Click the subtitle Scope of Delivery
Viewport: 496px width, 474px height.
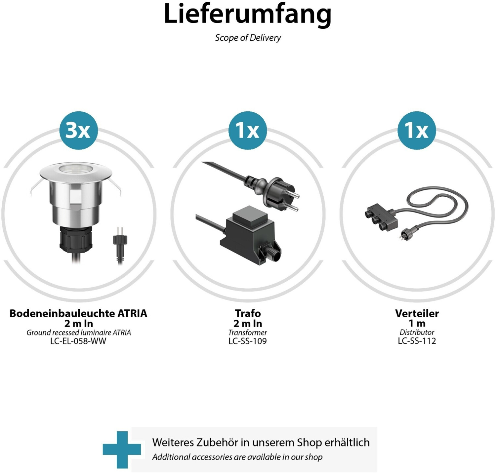point(248,38)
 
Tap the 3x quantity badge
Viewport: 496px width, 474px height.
point(78,130)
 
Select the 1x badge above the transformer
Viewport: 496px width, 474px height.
point(248,130)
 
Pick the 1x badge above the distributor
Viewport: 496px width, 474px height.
point(417,130)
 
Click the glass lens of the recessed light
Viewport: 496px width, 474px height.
point(75,169)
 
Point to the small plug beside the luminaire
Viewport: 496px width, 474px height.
point(120,245)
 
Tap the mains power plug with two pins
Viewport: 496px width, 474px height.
point(272,194)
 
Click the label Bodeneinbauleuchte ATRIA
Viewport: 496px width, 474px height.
point(78,313)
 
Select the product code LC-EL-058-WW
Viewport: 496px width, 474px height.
point(78,341)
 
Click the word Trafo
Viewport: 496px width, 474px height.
point(248,313)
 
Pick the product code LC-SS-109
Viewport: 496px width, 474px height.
point(248,341)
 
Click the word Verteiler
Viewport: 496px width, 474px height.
point(417,313)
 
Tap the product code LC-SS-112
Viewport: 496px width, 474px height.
point(417,341)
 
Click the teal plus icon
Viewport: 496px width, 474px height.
point(122,450)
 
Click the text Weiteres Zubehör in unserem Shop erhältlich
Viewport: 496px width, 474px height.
point(261,442)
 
